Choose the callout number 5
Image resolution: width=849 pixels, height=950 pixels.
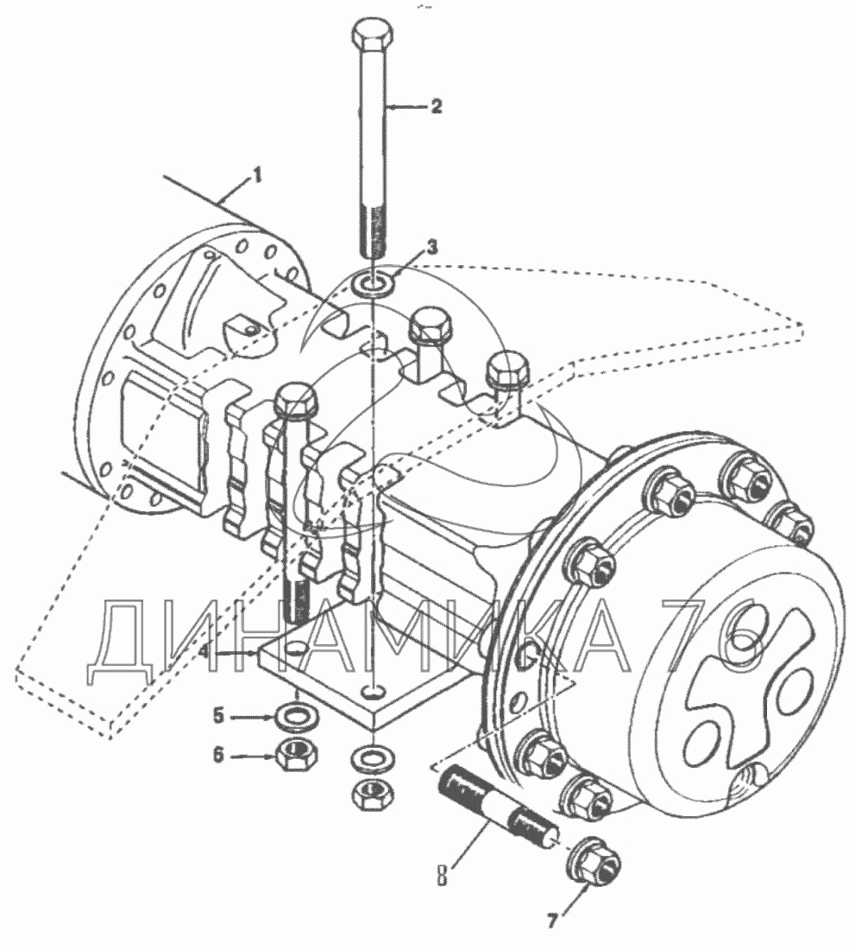point(219,716)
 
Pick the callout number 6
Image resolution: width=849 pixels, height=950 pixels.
point(219,755)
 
